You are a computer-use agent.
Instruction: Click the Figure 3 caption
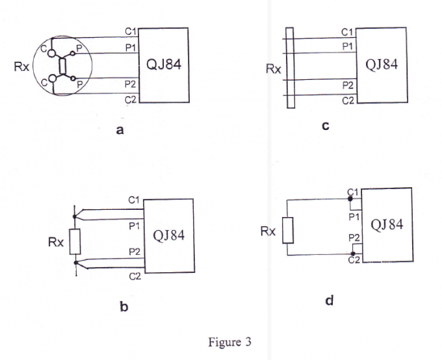[229, 342]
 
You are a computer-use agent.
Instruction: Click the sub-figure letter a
[120, 130]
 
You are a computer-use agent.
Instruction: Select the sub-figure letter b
[124, 306]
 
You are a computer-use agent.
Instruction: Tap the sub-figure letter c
[326, 125]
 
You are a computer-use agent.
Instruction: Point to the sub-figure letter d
[330, 300]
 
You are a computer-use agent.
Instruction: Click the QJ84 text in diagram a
[164, 64]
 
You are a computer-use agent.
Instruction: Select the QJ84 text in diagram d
[387, 225]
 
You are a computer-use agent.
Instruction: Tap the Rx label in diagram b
[56, 242]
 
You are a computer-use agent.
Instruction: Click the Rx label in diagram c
[274, 69]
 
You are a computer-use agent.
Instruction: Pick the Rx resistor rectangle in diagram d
[288, 230]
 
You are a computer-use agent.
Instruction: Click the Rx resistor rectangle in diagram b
[75, 242]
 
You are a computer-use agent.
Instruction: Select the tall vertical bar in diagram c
[290, 68]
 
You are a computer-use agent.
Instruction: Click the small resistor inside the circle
[62, 66]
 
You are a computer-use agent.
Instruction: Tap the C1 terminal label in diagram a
[131, 31]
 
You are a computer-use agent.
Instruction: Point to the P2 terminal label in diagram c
[348, 85]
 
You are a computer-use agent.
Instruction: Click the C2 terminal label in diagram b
[135, 277]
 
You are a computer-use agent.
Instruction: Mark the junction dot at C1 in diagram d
[350, 199]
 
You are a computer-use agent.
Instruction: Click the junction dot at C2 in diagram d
[353, 253]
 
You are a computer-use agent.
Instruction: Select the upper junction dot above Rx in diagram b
[74, 216]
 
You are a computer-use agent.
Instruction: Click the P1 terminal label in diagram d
[354, 217]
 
